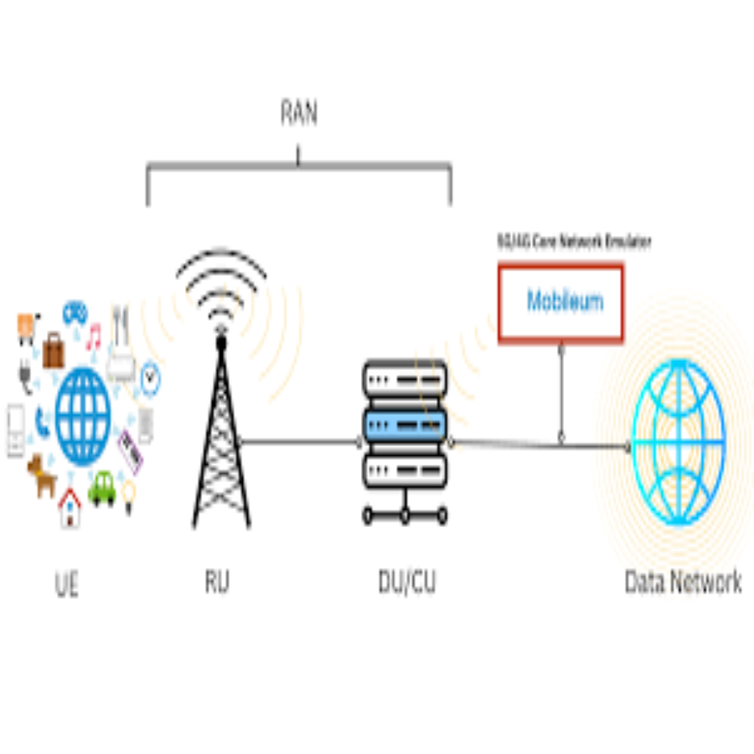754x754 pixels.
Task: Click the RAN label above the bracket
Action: (x=299, y=113)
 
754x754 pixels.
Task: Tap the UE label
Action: (x=66, y=585)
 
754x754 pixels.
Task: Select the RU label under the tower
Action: (x=217, y=582)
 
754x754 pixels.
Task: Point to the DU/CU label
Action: (x=407, y=582)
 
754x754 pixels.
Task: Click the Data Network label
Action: (x=683, y=582)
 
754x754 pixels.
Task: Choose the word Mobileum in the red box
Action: (x=564, y=302)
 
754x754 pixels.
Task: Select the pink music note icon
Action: (x=94, y=337)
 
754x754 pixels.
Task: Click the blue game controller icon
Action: (x=75, y=313)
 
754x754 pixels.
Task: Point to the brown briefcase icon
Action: (x=53, y=350)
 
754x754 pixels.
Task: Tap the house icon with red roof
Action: (x=70, y=508)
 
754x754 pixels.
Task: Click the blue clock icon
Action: (x=150, y=379)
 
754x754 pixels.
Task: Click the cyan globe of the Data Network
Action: (x=678, y=443)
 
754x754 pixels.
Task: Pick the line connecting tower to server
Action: (x=300, y=441)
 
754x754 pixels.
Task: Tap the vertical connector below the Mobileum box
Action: (x=561, y=391)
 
